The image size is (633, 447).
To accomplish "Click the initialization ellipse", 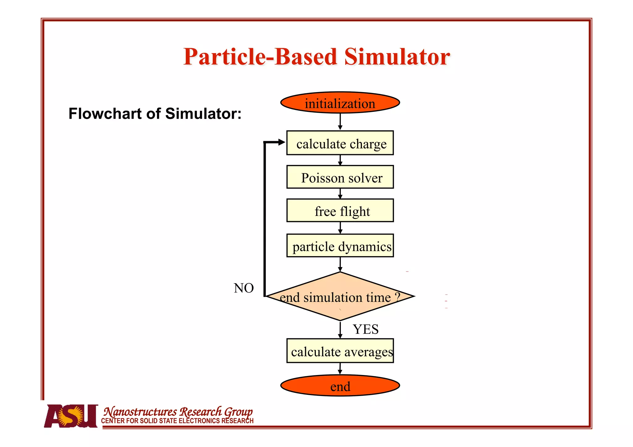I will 340,103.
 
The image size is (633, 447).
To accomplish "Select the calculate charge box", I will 340,143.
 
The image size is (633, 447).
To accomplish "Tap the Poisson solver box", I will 340,177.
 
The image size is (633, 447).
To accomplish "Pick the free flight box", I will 340,211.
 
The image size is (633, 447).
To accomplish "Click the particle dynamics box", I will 340,246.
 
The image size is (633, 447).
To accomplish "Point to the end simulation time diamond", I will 340,297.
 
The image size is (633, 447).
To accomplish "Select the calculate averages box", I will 340,351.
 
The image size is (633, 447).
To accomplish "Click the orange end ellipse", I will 340,386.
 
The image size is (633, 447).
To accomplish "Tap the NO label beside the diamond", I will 244,288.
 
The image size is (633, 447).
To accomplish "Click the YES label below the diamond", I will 366,329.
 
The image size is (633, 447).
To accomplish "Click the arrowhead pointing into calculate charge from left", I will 281,142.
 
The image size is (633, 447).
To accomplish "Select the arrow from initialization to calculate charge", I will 340,121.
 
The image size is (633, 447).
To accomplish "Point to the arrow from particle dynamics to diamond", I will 340,264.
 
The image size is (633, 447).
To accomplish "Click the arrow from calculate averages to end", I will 340,369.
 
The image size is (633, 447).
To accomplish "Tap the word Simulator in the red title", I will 397,57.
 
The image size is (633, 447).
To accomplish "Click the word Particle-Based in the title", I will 260,57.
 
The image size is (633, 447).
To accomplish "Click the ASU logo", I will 71,416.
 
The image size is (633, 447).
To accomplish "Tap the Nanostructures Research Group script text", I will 178,411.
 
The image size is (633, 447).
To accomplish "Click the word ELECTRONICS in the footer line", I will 199,421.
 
